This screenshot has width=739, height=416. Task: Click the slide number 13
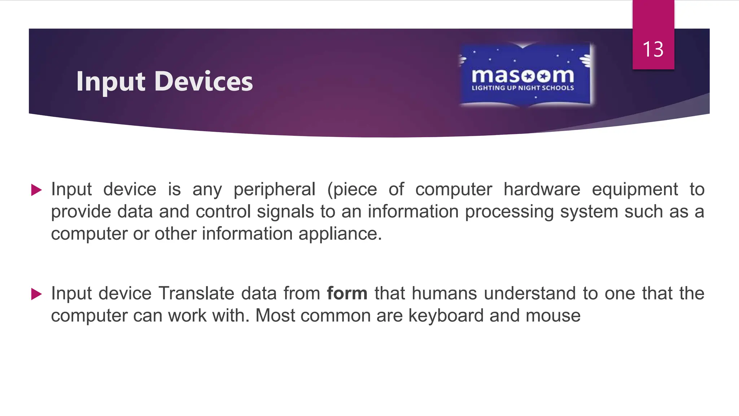pos(653,49)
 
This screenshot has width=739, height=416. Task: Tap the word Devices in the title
pos(204,82)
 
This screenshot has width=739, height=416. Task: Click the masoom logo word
pos(523,75)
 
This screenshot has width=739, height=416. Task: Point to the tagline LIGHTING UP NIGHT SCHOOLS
pos(523,88)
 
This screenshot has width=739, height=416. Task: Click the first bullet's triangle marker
pos(36,190)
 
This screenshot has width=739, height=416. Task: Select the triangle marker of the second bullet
pos(36,294)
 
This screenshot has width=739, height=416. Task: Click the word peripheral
pos(274,190)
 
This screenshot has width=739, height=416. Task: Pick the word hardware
pos(542,190)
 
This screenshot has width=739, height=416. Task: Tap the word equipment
pos(635,190)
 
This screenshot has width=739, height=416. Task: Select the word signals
pos(285,212)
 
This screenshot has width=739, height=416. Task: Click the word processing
pos(509,212)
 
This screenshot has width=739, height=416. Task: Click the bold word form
pos(347,293)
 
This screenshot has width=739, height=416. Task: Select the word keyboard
pos(446,316)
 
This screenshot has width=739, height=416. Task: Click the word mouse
pos(553,316)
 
